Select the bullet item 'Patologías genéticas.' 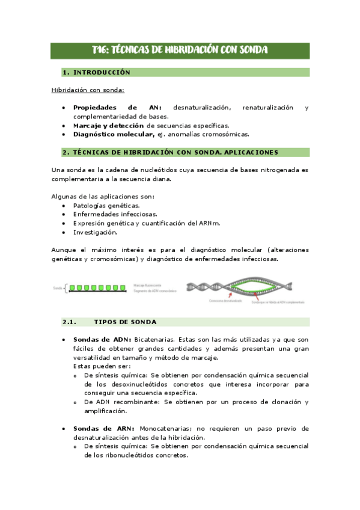point(106,205)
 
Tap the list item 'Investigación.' point(95,232)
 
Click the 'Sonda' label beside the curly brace point(58,288)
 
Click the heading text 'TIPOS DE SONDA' point(126,322)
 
